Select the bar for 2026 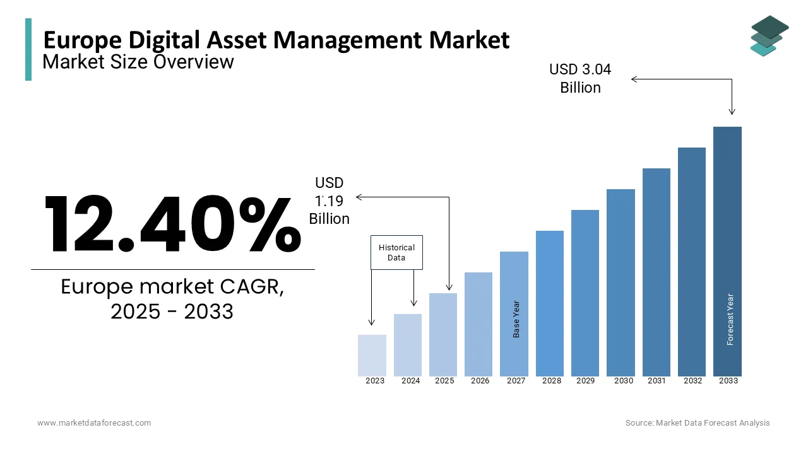[x=478, y=324]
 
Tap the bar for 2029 [x=585, y=293]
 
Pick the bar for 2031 [x=656, y=272]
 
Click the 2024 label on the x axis [x=410, y=381]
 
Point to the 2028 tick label [x=552, y=381]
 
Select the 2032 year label [x=692, y=381]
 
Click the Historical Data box [x=396, y=252]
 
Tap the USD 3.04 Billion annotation [x=580, y=78]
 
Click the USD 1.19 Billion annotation [x=329, y=201]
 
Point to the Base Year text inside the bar [x=516, y=318]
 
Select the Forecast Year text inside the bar [x=730, y=319]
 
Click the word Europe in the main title [x=81, y=40]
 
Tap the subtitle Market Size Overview [x=138, y=62]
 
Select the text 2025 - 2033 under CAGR [x=172, y=311]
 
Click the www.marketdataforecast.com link [x=94, y=423]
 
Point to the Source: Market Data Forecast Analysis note [x=698, y=423]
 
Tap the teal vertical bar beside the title [x=28, y=49]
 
